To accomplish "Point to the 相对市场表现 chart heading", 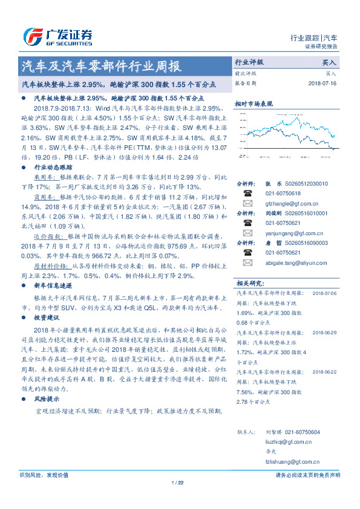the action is point(252,103).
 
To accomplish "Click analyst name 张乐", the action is point(270,183).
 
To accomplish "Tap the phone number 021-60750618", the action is point(284,193).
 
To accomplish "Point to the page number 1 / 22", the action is point(177,482).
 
